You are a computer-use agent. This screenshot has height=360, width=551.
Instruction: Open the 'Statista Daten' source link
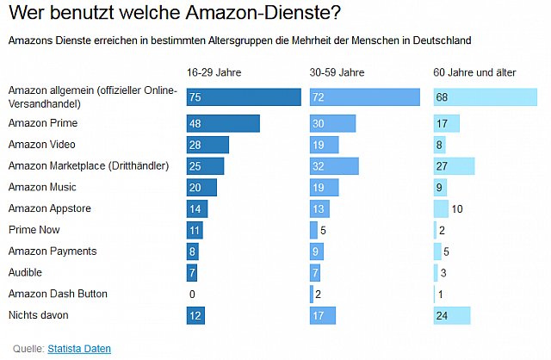pos(79,348)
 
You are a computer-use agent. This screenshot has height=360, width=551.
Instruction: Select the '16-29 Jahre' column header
pos(213,72)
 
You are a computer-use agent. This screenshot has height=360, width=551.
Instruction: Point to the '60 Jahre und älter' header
pos(474,72)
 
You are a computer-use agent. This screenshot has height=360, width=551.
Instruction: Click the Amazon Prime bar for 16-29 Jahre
pos(223,123)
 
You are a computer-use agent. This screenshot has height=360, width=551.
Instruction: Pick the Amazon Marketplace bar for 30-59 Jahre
pos(334,165)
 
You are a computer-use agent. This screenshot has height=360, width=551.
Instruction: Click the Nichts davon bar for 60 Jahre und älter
pos(452,315)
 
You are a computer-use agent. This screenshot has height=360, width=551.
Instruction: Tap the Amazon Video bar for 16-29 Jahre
pos(207,145)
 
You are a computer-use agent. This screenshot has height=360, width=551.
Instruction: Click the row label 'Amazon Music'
pos(42,187)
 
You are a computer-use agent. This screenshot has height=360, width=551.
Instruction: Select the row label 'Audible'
pos(26,272)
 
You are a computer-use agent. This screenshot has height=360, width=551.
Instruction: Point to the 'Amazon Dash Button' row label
pos(57,294)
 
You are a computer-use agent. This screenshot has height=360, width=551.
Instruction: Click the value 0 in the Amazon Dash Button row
pos(192,295)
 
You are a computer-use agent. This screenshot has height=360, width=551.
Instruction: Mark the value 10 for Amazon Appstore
pos(457,208)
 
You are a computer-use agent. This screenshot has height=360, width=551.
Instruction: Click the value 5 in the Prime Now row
pos(323,230)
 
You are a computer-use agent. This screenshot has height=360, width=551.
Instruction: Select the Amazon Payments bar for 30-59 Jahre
pos(317,251)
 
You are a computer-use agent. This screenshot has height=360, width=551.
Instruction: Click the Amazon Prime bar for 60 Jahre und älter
pos(446,123)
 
